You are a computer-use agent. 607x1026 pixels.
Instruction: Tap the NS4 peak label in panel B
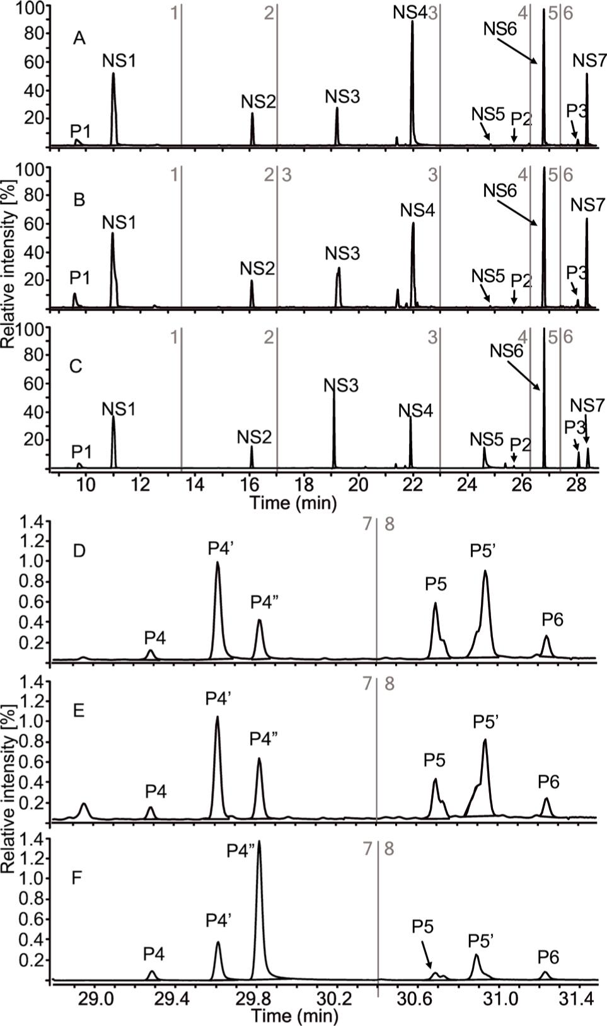point(417,210)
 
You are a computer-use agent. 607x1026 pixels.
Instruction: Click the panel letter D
point(79,552)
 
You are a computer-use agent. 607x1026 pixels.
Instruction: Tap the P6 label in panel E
point(548,782)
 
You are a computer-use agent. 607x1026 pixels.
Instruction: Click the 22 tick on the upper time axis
point(412,486)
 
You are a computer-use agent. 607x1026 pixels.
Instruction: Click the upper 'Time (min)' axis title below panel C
point(292,503)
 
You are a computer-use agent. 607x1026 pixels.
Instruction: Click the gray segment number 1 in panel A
point(175,13)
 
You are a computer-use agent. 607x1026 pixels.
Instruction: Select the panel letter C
point(76,366)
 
